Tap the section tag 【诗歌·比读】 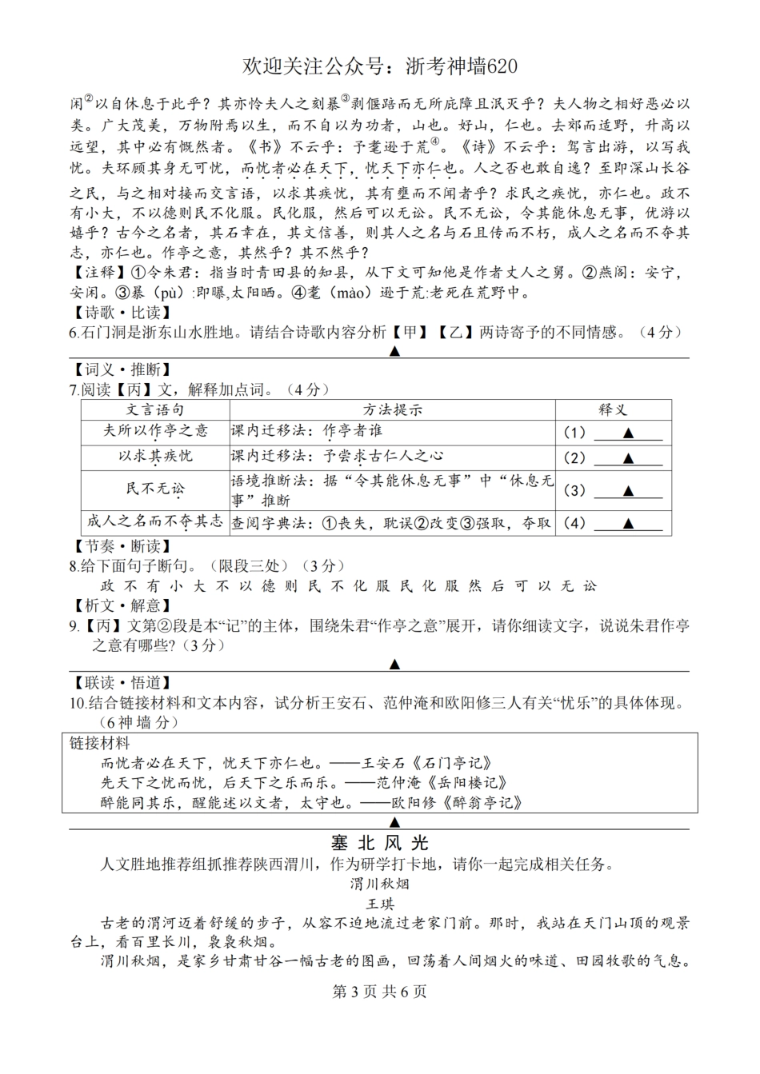point(120,313)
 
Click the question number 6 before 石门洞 point(73,332)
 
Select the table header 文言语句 point(155,409)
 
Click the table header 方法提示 point(392,409)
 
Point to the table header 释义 point(613,409)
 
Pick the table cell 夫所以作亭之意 point(155,431)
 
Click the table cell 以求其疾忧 point(155,456)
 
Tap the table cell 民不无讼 point(155,489)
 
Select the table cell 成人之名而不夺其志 point(155,521)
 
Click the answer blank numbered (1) point(628,433)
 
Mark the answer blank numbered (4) point(628,524)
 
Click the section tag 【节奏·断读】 point(120,546)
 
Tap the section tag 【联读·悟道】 point(120,682)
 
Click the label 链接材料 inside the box point(100,743)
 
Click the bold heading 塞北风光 point(380,843)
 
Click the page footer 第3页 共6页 point(379,992)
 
